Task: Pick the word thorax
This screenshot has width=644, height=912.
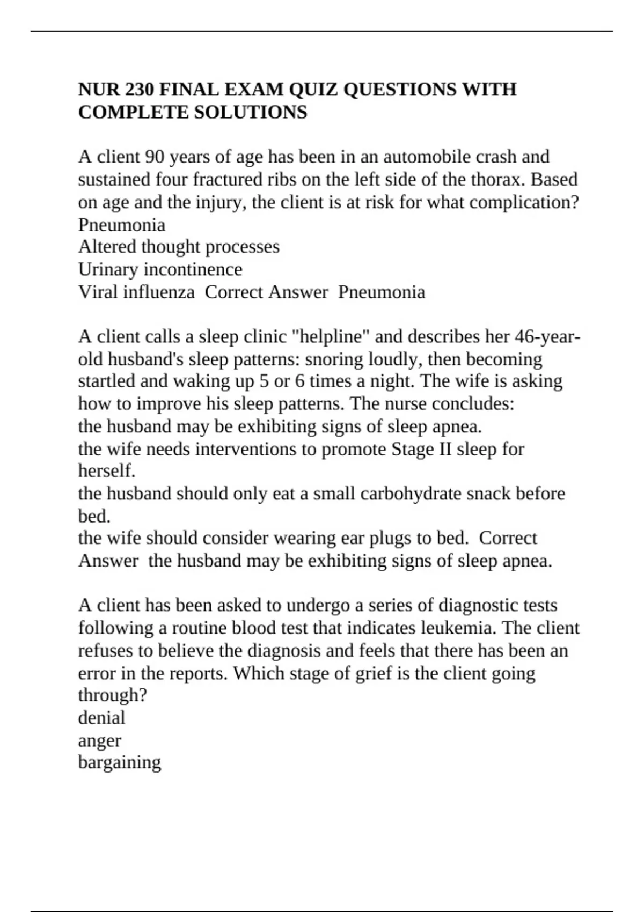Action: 499,179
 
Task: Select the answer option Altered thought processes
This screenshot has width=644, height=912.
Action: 179,247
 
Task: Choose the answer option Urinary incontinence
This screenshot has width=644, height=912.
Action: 160,269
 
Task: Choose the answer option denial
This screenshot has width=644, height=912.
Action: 101,718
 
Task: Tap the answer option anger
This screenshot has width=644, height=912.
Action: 99,741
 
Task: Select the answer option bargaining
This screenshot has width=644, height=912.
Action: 119,763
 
